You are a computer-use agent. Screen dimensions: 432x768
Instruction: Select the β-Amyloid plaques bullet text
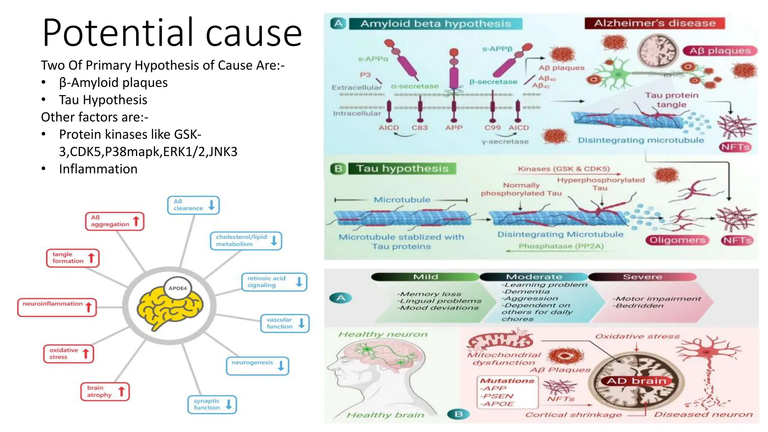(113, 82)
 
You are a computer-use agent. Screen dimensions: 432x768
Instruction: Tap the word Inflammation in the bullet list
(98, 169)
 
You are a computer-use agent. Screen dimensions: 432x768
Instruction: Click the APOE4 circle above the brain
(177, 288)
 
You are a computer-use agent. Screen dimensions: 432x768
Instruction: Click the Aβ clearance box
(193, 205)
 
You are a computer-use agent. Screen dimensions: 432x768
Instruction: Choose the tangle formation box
(73, 258)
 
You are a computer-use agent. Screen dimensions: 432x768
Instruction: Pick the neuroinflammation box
(57, 307)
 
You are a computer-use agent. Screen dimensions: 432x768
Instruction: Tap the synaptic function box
(212, 405)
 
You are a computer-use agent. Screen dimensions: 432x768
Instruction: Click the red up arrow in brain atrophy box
(121, 391)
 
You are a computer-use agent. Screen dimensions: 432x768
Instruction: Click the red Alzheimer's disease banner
(654, 23)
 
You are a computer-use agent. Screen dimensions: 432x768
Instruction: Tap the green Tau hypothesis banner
(402, 169)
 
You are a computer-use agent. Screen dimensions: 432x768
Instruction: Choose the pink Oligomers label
(677, 240)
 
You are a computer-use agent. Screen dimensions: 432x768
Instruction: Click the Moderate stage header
(534, 277)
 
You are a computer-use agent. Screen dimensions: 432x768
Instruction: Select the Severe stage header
(642, 277)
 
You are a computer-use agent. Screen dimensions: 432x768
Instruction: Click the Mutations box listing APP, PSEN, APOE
(507, 392)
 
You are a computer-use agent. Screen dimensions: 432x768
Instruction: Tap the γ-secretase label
(505, 142)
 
